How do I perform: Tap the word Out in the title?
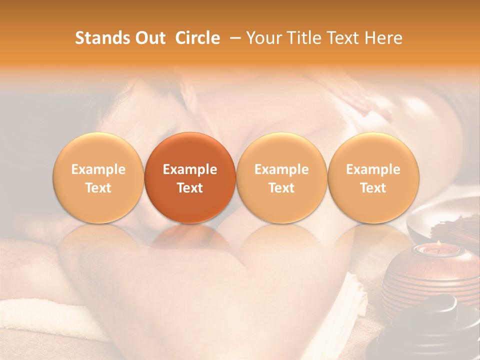[148, 38]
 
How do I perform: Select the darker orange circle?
[190, 177]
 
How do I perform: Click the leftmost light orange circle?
[98, 177]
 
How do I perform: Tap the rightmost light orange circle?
[373, 177]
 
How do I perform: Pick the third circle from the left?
[281, 177]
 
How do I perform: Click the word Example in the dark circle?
[190, 169]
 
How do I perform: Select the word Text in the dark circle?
[190, 188]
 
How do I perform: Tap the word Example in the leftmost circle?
[98, 169]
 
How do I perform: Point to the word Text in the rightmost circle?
[373, 188]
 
